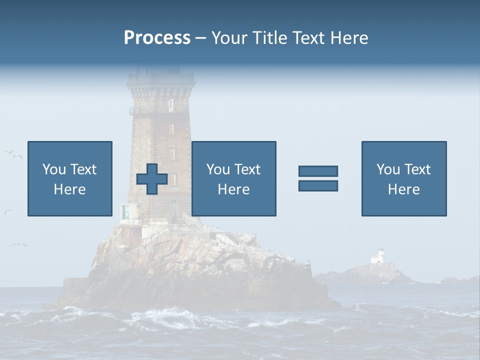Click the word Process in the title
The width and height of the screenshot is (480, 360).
coord(157,38)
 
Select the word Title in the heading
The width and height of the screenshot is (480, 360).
coord(270,38)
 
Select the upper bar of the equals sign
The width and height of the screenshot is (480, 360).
coord(318,171)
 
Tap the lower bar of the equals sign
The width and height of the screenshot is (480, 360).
coord(318,185)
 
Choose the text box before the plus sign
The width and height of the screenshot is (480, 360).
coord(69,178)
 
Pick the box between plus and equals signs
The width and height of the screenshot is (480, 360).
coord(233,178)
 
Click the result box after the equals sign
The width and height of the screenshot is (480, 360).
coord(403,178)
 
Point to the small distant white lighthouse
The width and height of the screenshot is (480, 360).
coord(378,256)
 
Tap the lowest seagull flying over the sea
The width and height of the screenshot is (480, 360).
coord(18,244)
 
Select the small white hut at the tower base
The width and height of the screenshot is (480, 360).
coord(125,212)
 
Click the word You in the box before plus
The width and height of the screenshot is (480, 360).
coord(54,169)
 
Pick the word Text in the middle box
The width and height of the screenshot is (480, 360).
coord(247,169)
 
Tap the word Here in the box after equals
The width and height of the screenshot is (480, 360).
coord(403,189)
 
